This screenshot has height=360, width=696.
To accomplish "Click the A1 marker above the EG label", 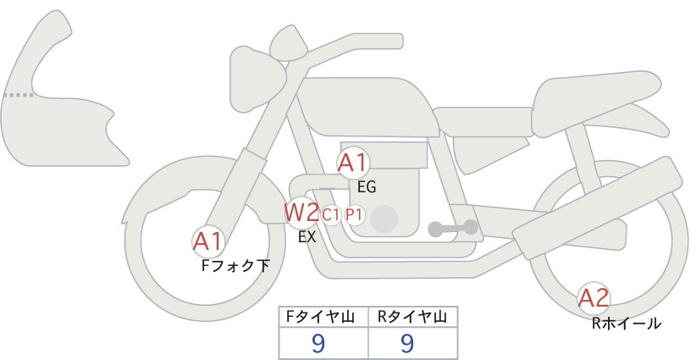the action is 352,163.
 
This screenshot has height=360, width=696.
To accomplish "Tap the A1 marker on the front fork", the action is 207,241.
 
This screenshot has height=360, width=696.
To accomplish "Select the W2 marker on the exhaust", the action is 301,213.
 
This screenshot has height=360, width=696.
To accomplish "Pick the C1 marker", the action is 331,215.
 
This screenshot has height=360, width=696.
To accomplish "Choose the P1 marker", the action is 354,215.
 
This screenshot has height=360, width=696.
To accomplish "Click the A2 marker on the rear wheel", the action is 594,298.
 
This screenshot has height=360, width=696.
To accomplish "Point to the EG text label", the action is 367,187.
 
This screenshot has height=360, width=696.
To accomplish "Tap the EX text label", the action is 307,237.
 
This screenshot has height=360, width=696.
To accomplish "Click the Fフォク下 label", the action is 235,266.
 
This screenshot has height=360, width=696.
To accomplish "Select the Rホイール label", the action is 627,324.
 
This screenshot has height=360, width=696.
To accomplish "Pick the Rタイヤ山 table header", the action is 412,317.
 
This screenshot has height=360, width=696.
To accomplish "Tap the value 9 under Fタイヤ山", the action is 318,343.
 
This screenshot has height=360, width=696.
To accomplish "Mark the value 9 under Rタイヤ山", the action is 407,343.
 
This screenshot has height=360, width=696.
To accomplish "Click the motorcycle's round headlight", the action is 257,79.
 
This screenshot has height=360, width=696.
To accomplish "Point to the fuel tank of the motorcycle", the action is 368,108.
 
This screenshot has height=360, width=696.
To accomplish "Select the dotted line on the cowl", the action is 18,95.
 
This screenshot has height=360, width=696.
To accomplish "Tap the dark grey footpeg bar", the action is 453,228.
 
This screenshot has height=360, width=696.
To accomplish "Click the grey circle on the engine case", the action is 384,219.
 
